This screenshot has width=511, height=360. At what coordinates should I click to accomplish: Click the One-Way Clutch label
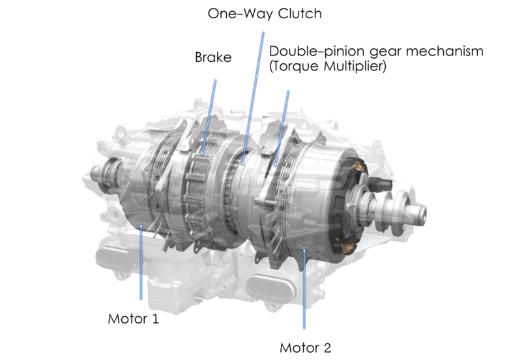tap(265, 14)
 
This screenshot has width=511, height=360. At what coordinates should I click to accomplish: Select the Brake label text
tap(213, 57)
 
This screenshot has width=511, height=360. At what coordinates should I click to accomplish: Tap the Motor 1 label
tap(133, 318)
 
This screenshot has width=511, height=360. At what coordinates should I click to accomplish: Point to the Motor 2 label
tap(305, 348)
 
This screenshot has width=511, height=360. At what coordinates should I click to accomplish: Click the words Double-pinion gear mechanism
tap(376, 52)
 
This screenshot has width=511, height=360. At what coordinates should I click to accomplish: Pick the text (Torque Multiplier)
tap(327, 67)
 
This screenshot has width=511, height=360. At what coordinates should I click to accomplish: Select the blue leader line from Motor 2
tap(304, 290)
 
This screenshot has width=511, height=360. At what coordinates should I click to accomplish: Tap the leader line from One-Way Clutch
tap(253, 98)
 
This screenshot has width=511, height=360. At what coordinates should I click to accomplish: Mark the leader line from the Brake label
tap(209, 117)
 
